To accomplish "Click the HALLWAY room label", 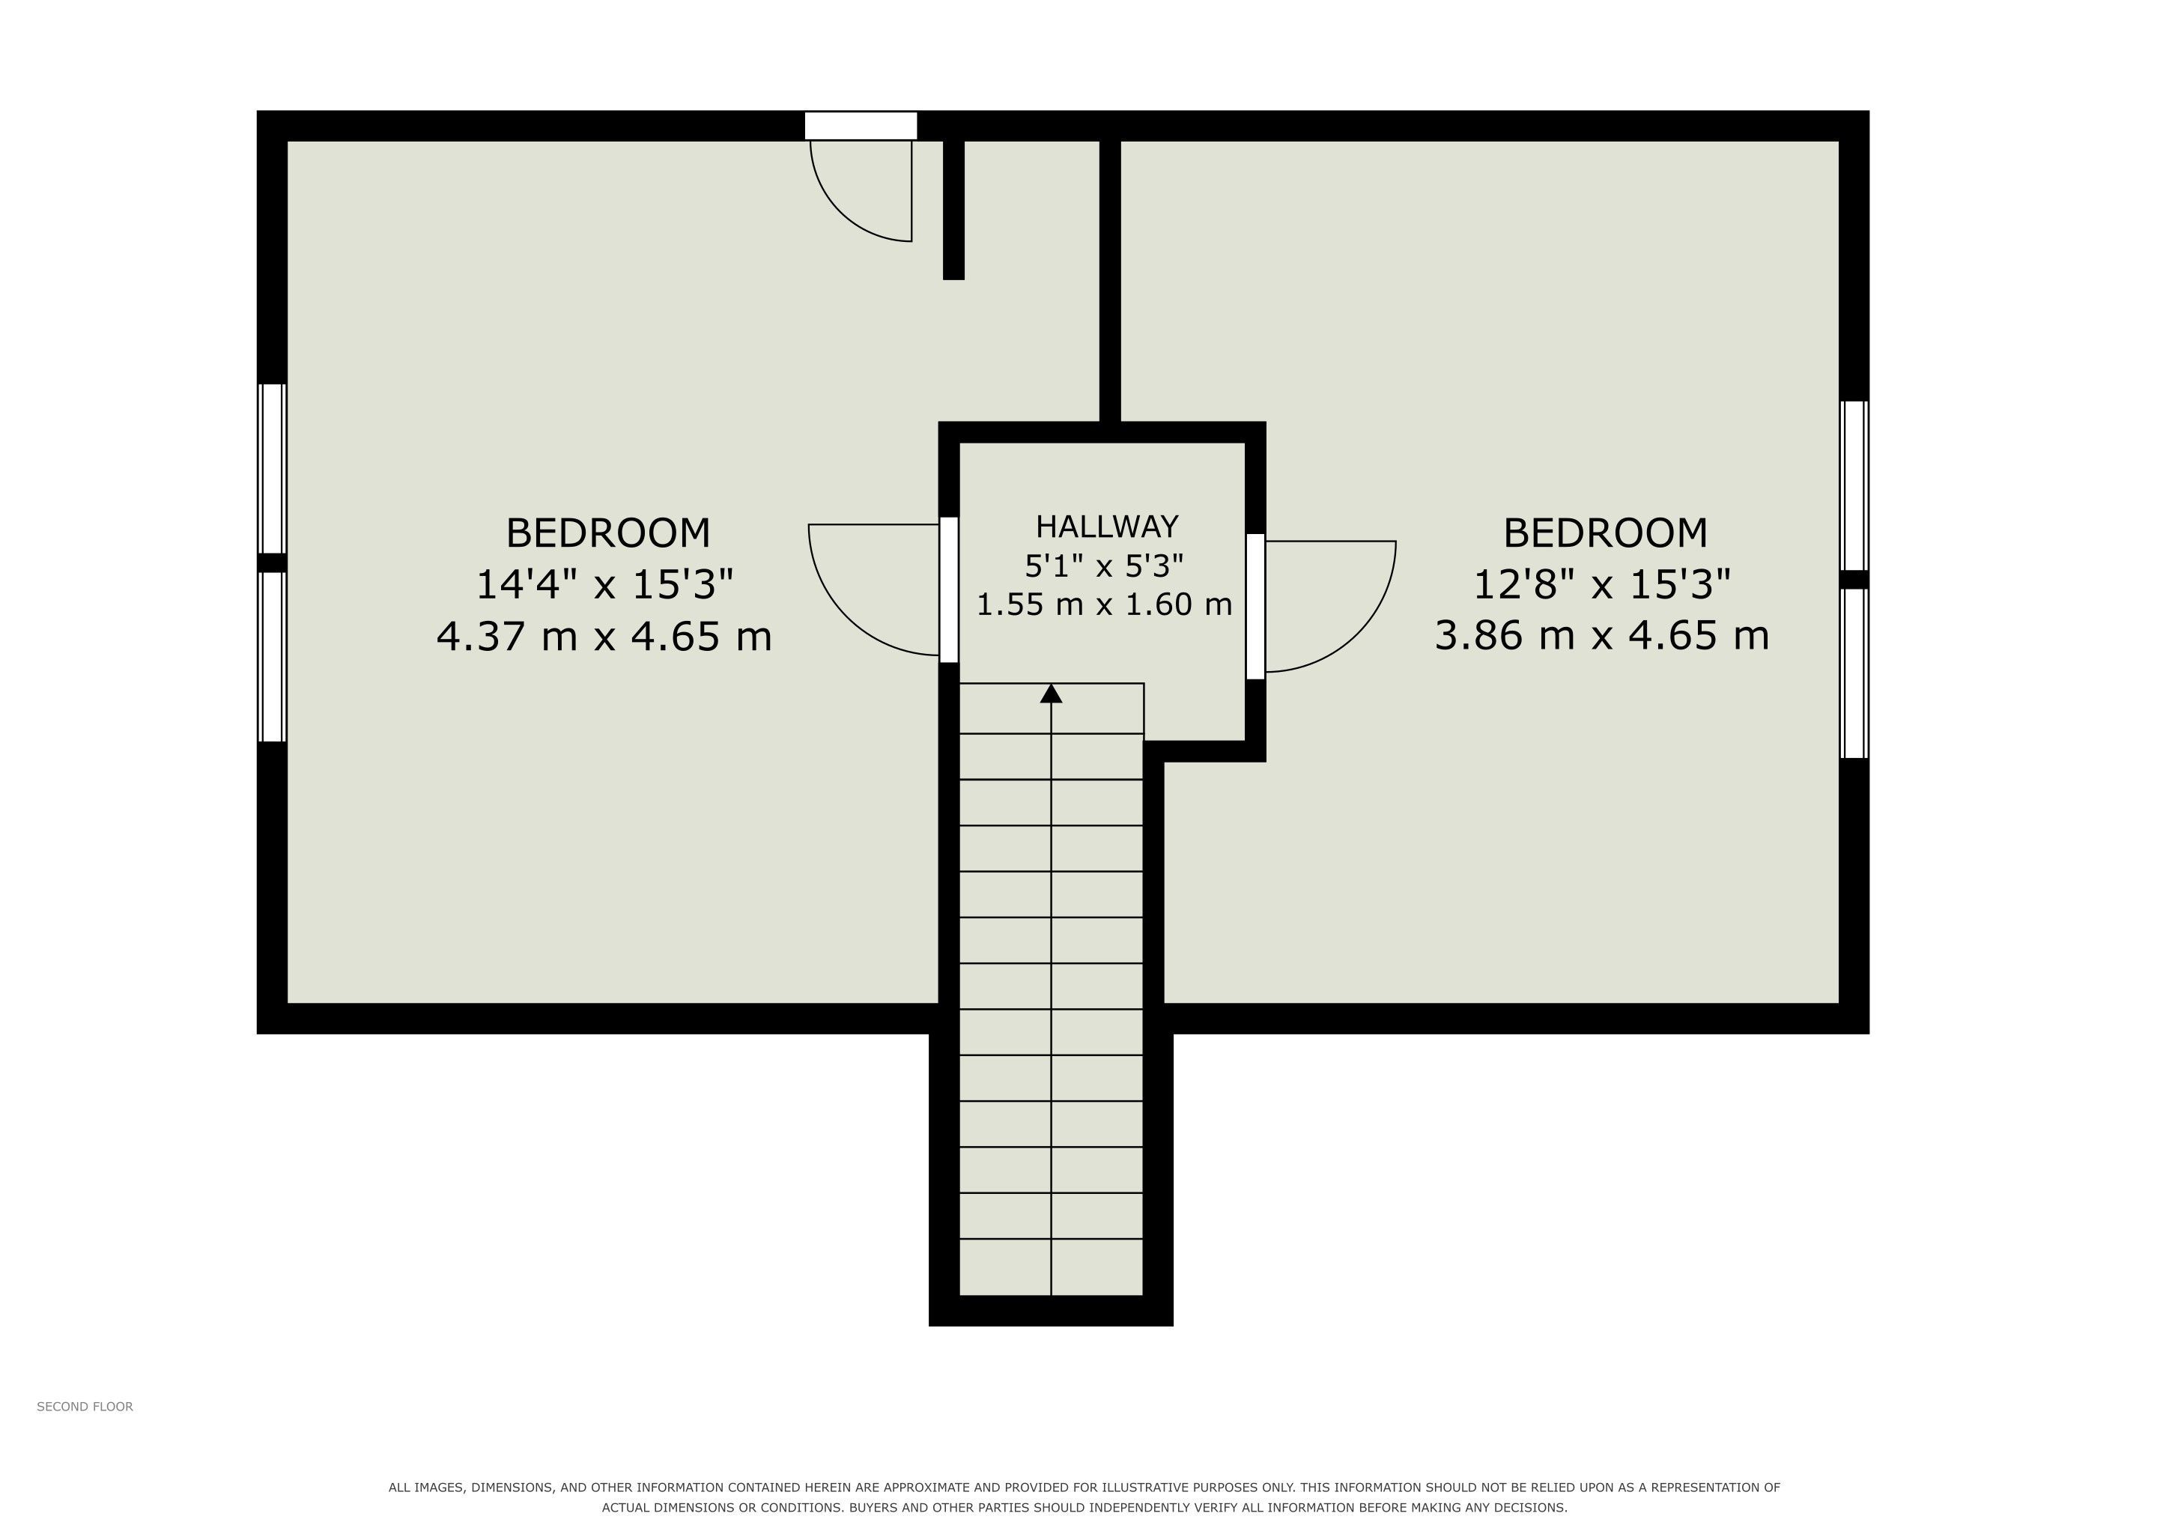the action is coord(1106,526).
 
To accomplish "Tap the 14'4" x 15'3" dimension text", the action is coord(604,585).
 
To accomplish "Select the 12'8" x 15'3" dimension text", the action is coord(1602,585).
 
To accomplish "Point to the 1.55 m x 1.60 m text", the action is coord(1104,604).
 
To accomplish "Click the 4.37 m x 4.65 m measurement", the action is coord(604,636).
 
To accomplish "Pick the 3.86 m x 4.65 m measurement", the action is coord(1602,636).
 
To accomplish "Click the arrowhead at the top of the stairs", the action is coord(1051,694).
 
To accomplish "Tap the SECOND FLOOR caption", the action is coord(85,1407).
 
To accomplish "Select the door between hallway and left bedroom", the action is coord(948,589).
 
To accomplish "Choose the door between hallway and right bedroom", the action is coord(1255,607).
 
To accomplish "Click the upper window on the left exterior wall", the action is coord(272,468).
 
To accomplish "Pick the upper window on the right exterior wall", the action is coord(1855,485).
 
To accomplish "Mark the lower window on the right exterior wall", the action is coord(1855,673).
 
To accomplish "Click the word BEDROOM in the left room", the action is coord(607,533).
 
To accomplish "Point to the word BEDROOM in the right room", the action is coord(1605,533).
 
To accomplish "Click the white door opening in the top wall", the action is coord(861,126).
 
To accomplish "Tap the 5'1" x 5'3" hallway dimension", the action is coord(1104,566).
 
